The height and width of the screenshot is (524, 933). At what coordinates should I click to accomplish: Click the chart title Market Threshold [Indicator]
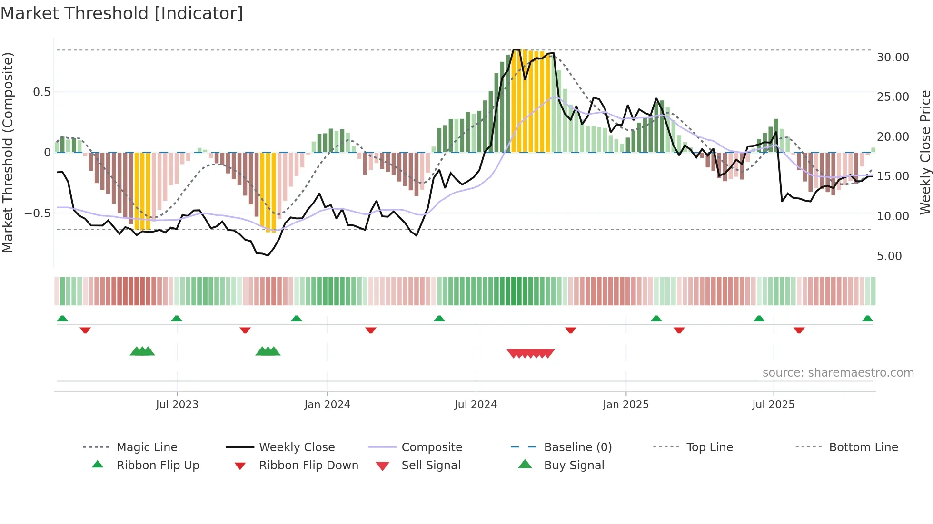click(x=122, y=13)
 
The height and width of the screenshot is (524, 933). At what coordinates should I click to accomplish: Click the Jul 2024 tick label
click(x=476, y=405)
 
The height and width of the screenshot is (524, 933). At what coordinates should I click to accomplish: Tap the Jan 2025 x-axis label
click(x=625, y=405)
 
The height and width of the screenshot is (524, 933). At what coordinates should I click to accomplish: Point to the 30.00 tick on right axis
click(x=893, y=58)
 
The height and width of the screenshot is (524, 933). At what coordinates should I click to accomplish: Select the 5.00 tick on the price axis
click(x=889, y=256)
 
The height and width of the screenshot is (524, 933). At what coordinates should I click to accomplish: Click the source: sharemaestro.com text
click(x=838, y=373)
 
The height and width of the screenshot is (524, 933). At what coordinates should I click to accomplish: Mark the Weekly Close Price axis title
click(x=925, y=152)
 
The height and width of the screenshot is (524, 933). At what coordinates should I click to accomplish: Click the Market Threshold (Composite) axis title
click(x=8, y=152)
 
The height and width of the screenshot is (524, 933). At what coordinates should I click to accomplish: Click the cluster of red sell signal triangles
click(x=530, y=353)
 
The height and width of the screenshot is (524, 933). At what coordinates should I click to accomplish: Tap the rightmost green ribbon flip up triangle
click(x=867, y=319)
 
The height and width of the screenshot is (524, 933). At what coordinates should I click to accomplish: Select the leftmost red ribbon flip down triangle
click(x=85, y=330)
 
